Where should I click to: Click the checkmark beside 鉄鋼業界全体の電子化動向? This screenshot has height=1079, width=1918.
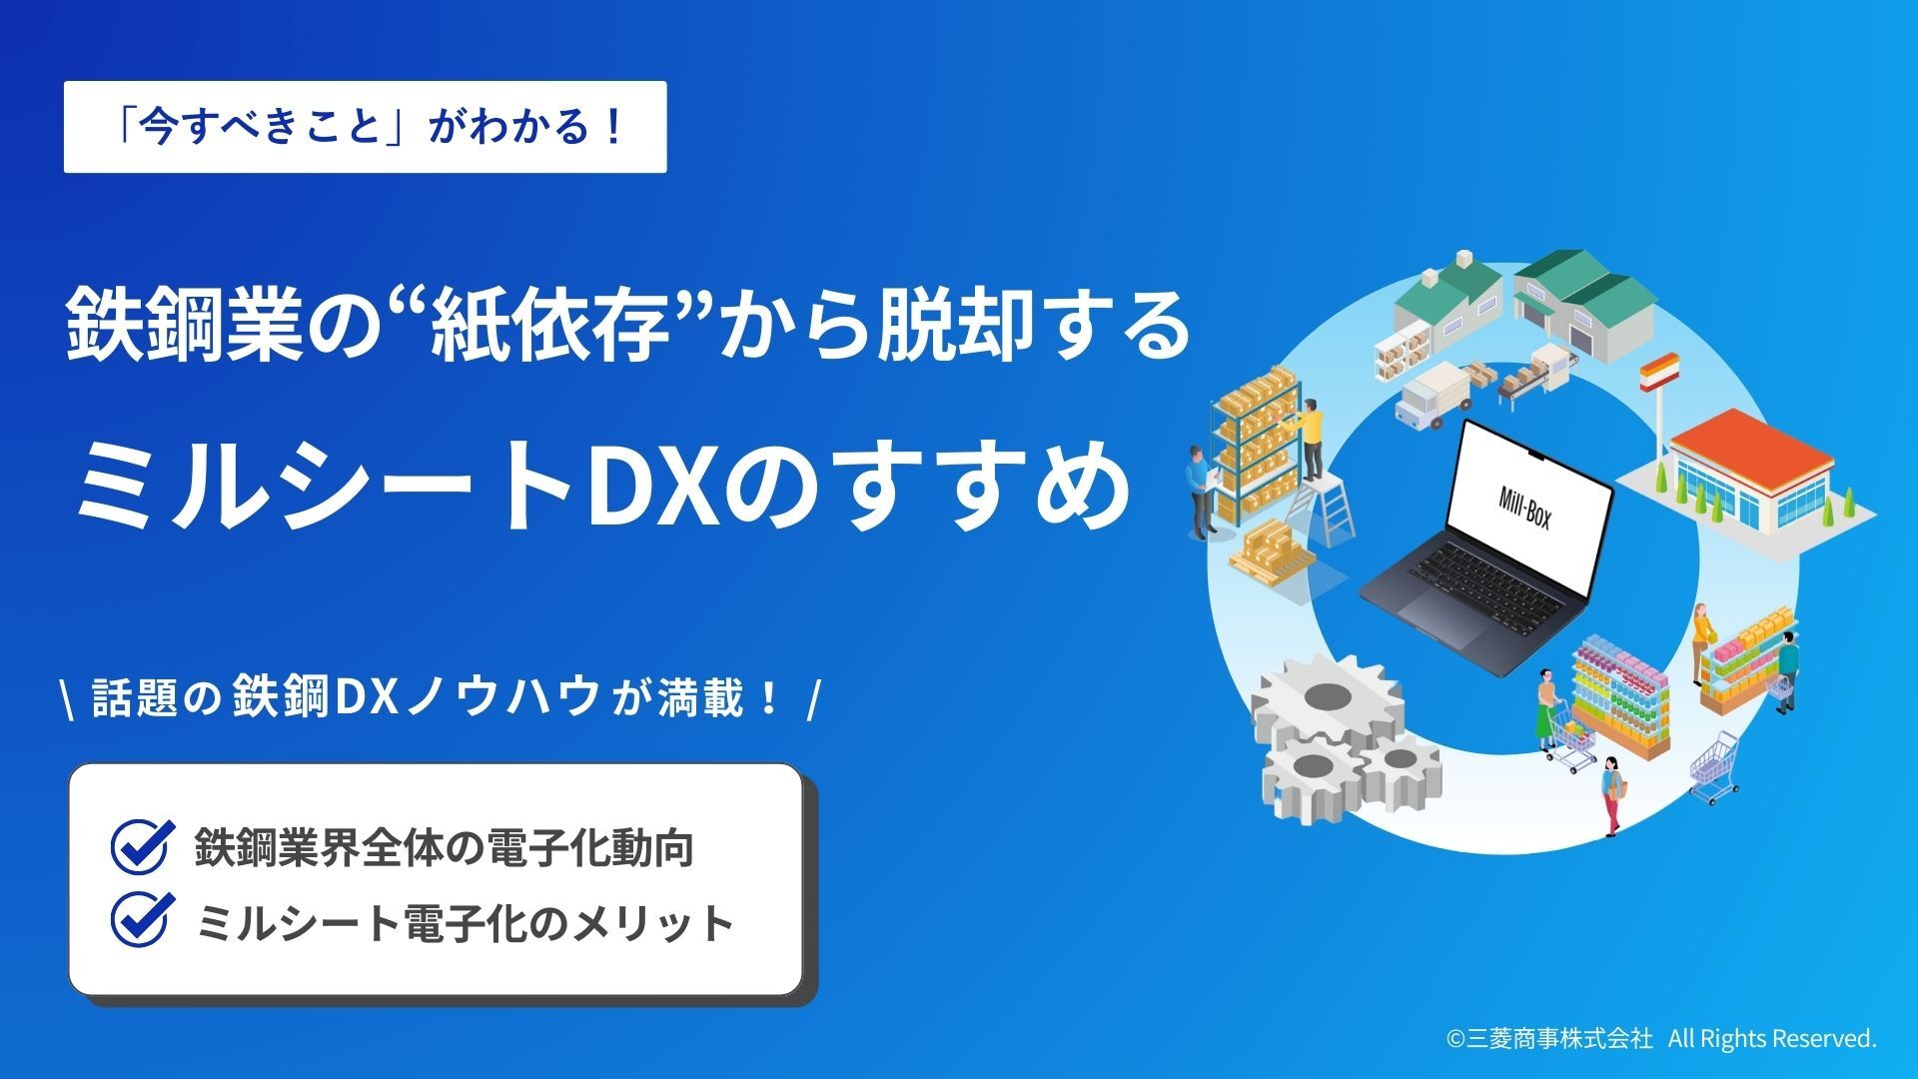pos(140,846)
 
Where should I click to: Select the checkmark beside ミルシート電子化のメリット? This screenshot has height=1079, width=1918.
pos(140,919)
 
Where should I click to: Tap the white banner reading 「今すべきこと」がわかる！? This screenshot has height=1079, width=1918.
pos(365,127)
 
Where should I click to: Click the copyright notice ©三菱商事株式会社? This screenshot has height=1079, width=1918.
pos(1549,1039)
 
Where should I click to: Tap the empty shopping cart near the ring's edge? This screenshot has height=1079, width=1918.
pos(1715,767)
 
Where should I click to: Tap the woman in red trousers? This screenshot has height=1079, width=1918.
pos(1610,794)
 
